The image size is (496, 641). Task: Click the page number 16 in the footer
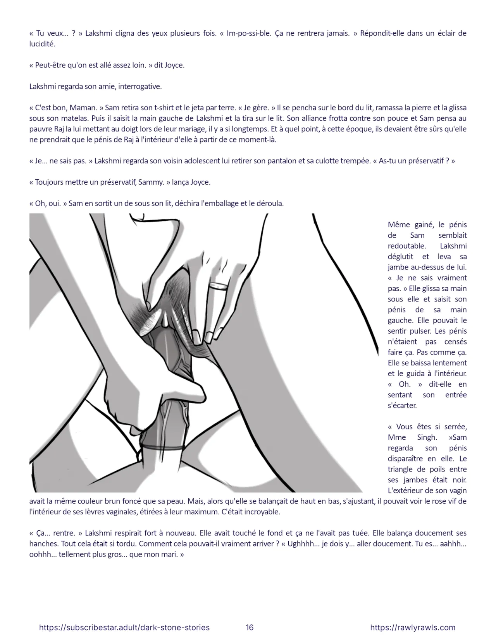coord(250,627)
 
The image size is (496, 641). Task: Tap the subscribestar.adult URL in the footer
coord(124,627)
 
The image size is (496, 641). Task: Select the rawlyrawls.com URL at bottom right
coord(413,627)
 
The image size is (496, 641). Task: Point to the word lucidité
coord(42,44)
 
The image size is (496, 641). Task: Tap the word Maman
coord(85,108)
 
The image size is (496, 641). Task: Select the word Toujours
coord(50,182)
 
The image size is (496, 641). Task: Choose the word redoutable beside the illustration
coord(406,246)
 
